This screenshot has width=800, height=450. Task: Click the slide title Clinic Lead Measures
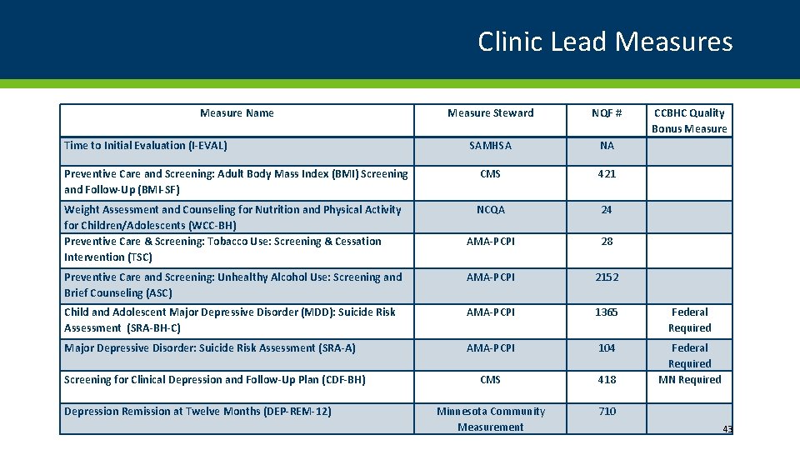(605, 41)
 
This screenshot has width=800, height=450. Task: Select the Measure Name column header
(237, 113)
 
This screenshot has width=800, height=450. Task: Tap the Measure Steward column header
(490, 113)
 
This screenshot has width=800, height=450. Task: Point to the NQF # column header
(607, 113)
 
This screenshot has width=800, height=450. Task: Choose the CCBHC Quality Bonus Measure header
(689, 121)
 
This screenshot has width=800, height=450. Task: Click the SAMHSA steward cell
(490, 146)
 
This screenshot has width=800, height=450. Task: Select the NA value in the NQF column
(607, 146)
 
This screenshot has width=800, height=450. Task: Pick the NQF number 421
(607, 174)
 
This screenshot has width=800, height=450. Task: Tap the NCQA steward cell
(490, 210)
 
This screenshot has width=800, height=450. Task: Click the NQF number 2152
(607, 277)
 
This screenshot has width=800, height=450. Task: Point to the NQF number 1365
(607, 312)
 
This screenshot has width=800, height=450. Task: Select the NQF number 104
(607, 348)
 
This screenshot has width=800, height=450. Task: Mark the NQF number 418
(607, 380)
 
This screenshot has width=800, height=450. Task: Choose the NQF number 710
(607, 412)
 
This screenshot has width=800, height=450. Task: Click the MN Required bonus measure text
(689, 380)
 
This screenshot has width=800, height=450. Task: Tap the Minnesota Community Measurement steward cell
(490, 419)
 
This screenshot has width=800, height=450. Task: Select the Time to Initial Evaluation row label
(146, 146)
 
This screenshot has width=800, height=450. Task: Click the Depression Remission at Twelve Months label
(197, 412)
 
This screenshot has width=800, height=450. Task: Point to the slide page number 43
(727, 429)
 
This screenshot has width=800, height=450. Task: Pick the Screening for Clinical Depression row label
(214, 380)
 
